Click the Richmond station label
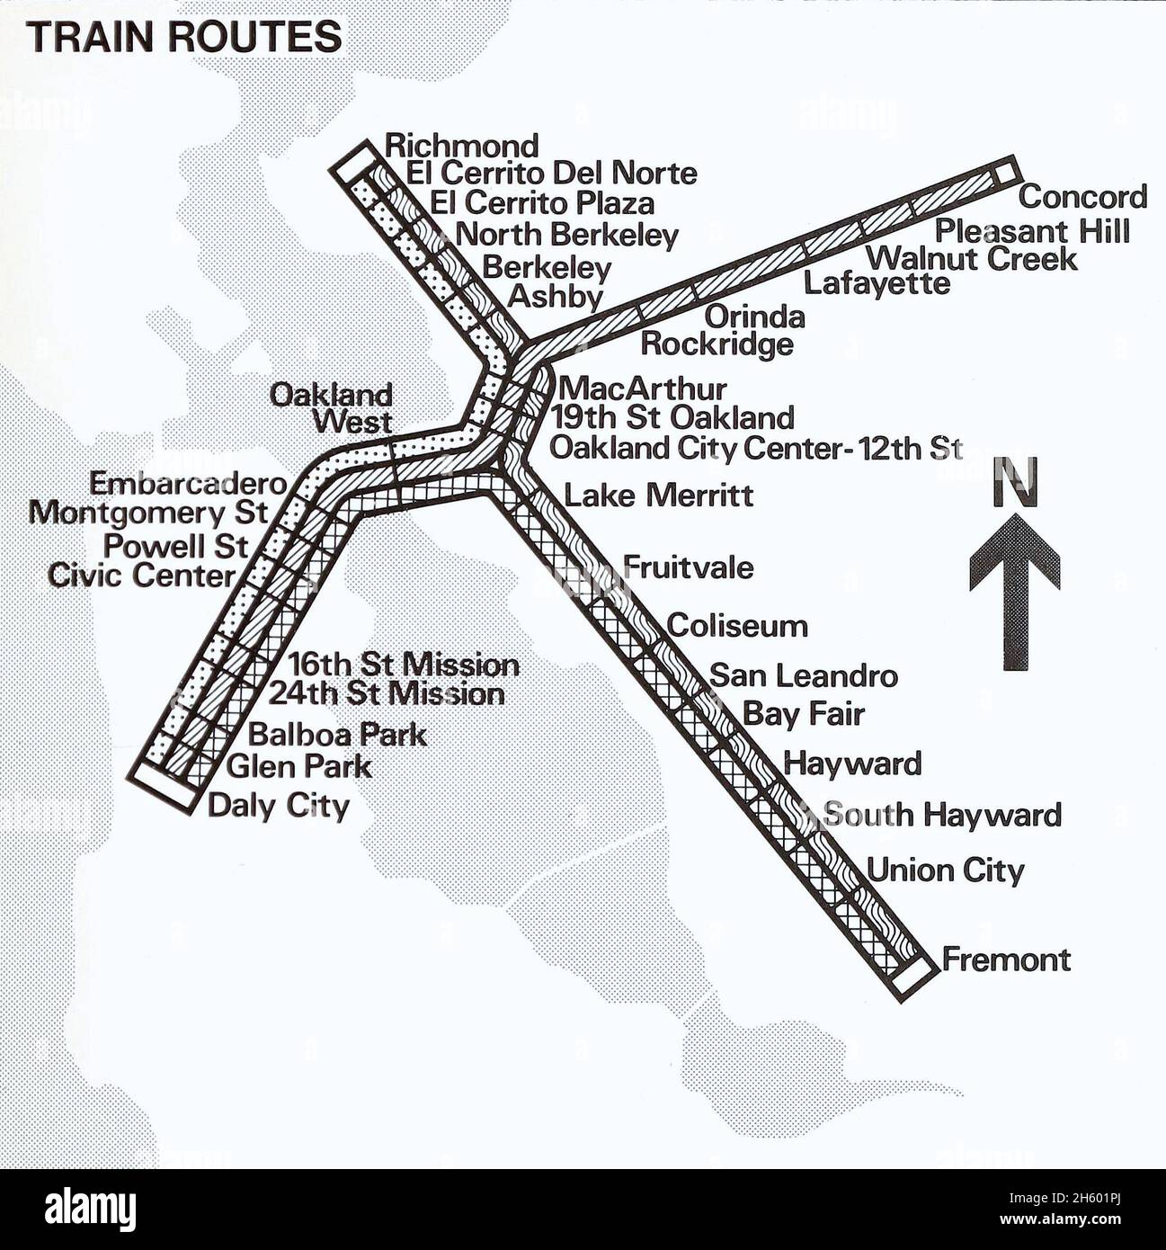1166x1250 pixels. (x=461, y=146)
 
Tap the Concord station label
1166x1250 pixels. (x=1082, y=197)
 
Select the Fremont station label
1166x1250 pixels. (x=1006, y=960)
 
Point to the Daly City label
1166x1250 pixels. (x=278, y=805)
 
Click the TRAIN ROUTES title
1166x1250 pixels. (x=184, y=38)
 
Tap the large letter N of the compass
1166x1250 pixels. (x=1015, y=483)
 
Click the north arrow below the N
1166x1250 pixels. (x=1014, y=589)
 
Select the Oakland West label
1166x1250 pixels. (x=333, y=408)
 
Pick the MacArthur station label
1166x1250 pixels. (x=642, y=389)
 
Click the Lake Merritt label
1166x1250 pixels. (x=658, y=496)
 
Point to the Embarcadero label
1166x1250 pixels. (x=187, y=484)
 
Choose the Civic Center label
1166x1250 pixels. (x=141, y=576)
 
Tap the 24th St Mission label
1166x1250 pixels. (x=387, y=694)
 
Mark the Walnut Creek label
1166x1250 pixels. (x=971, y=259)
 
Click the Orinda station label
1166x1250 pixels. (x=753, y=317)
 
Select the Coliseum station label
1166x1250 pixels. (x=737, y=626)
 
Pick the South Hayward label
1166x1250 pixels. (x=941, y=815)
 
